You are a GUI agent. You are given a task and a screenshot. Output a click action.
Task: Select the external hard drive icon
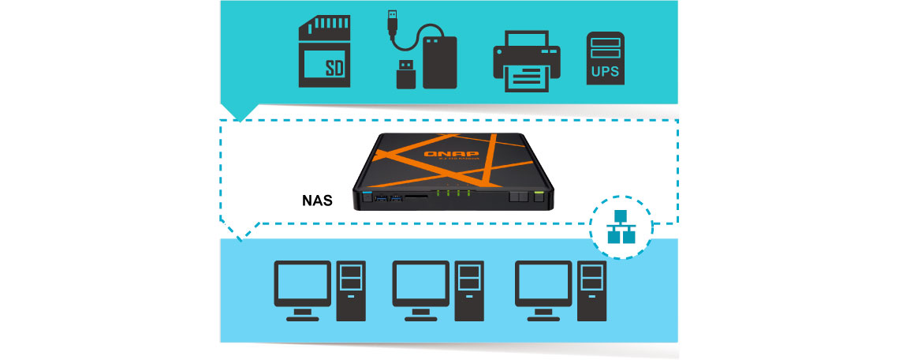pyautogui.click(x=440, y=62)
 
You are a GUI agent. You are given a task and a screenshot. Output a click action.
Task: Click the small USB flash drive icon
pyautogui.click(x=405, y=73)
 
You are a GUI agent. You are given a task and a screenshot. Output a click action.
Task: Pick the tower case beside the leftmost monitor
pyautogui.click(x=351, y=291)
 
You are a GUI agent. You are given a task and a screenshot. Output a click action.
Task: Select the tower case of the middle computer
pyautogui.click(x=469, y=291)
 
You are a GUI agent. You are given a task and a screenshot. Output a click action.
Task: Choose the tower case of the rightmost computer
pyautogui.click(x=591, y=291)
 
